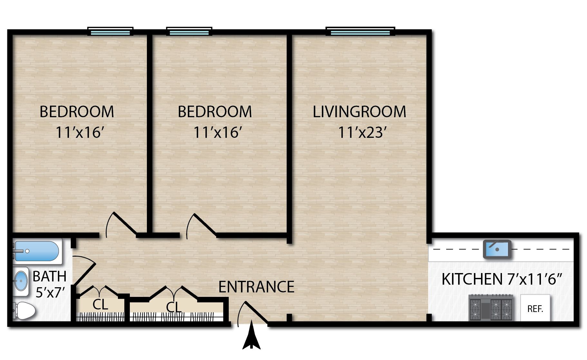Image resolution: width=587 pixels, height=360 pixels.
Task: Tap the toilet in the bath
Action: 24,310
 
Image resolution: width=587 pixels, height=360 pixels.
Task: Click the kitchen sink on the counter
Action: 497,249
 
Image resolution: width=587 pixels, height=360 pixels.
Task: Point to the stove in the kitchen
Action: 491,308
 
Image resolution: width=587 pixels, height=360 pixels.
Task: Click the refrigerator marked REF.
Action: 535,308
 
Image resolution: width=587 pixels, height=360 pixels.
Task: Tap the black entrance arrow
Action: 251,337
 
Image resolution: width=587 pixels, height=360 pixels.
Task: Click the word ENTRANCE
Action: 256,287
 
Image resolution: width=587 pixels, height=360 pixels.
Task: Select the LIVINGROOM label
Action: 359,112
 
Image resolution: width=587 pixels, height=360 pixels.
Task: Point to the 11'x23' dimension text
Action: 362,132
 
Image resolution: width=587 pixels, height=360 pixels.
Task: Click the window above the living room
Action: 360,32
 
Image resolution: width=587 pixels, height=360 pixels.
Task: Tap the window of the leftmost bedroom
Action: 111,32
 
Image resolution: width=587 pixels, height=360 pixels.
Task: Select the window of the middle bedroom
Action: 189,32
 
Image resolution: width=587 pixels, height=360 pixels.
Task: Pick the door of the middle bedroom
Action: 201,225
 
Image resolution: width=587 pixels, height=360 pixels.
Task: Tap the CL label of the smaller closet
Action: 100,304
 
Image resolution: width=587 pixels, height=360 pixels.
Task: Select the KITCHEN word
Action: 472,279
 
